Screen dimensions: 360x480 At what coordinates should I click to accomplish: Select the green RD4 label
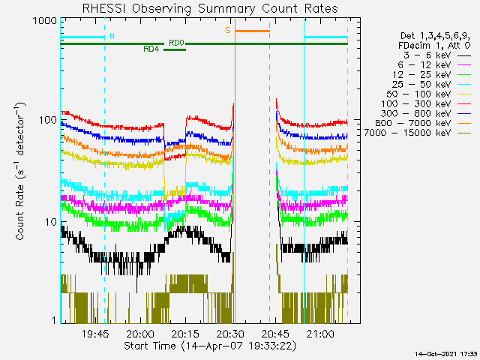click(150, 49)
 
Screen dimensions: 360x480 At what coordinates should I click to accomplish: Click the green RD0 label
click(176, 43)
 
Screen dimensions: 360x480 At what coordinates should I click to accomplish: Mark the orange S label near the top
click(228, 31)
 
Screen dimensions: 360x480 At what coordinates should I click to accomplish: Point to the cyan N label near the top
click(112, 36)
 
